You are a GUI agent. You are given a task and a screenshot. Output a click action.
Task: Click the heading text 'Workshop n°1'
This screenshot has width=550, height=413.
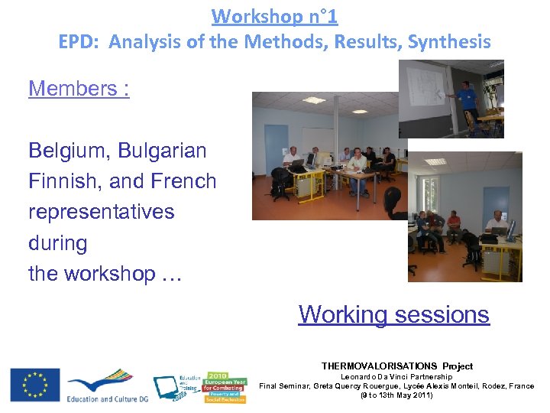coord(274,15)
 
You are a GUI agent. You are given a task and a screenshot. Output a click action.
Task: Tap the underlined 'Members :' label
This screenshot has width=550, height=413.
coord(79,89)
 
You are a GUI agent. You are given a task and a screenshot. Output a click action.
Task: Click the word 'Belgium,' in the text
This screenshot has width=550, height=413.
coord(69,151)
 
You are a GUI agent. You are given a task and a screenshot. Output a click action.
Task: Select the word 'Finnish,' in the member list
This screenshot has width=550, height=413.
coord(65,181)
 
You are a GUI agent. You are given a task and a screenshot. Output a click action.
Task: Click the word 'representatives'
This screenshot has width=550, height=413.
coord(101,212)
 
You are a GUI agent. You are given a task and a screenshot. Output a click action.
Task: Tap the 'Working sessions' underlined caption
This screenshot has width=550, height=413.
coord(393,314)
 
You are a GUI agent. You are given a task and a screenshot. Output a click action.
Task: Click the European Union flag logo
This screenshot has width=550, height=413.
coord(34,385)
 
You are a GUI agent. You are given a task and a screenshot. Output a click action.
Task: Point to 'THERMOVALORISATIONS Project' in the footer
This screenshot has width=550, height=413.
coord(396,366)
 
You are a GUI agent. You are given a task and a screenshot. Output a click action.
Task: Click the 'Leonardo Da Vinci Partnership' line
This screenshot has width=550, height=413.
coord(396,376)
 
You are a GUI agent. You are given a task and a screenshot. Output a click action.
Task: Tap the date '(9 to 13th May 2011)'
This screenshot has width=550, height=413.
coord(396,396)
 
